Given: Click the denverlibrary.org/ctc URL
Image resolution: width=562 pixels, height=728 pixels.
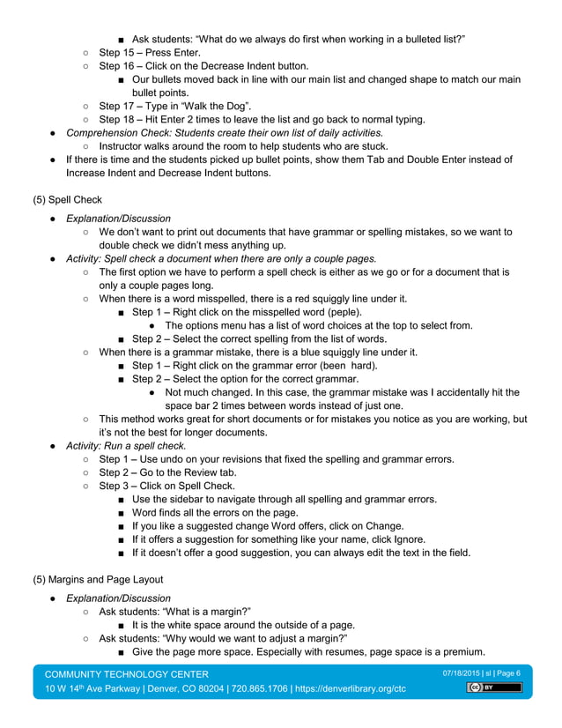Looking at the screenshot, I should coord(350,688).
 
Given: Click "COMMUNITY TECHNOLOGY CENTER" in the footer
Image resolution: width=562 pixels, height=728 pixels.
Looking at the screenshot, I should coord(127,673).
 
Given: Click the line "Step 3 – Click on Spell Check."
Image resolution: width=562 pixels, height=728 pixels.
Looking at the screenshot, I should coord(166,485).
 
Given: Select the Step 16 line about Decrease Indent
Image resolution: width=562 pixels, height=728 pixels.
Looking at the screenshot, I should coord(203,65).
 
